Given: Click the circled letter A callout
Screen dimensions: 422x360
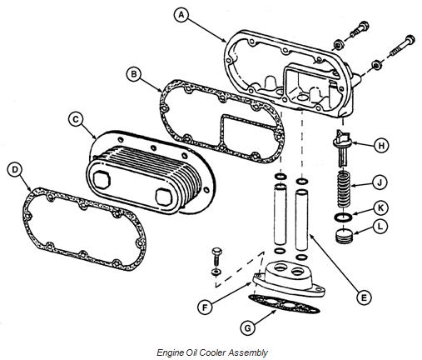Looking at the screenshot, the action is pyautogui.click(x=181, y=15).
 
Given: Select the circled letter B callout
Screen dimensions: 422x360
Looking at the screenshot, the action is pyautogui.click(x=134, y=74).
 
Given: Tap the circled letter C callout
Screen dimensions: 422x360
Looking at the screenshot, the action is pyautogui.click(x=76, y=119).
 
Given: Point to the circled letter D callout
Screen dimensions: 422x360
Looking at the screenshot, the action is pyautogui.click(x=15, y=170).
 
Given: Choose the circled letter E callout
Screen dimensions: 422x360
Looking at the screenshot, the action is pyautogui.click(x=364, y=297).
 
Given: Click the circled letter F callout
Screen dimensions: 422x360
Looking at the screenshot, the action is pyautogui.click(x=205, y=307).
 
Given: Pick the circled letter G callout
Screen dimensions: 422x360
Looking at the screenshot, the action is pyautogui.click(x=247, y=328).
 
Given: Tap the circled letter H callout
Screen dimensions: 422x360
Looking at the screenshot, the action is pyautogui.click(x=381, y=145).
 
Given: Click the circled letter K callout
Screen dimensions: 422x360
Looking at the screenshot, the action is pyautogui.click(x=381, y=207).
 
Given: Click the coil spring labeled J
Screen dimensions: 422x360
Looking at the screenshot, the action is pyautogui.click(x=344, y=189).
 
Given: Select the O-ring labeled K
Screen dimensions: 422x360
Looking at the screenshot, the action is pyautogui.click(x=343, y=217).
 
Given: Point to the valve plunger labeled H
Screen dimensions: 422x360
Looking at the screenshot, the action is pyautogui.click(x=343, y=147).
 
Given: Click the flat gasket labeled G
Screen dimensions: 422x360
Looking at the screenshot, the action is pyautogui.click(x=284, y=304).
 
